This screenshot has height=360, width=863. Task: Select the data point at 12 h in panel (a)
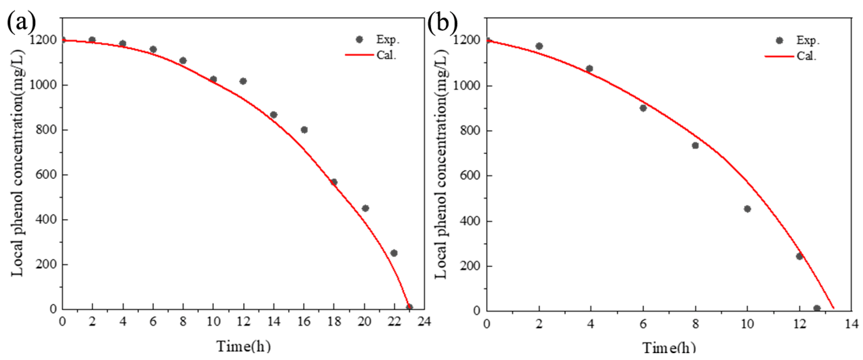tap(243, 81)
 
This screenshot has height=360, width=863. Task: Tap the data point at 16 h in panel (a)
tap(304, 130)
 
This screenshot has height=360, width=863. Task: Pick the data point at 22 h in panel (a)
tap(394, 253)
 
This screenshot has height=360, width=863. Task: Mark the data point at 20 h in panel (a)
tap(365, 208)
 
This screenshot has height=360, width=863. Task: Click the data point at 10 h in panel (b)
tap(747, 209)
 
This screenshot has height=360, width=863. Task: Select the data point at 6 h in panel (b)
tap(643, 108)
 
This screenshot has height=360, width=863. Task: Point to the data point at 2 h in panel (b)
tap(539, 46)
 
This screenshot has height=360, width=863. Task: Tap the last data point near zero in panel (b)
tap(817, 308)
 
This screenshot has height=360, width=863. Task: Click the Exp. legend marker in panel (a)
tap(359, 40)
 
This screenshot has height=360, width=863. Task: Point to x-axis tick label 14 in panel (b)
tap(851, 324)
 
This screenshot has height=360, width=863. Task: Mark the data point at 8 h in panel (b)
tap(695, 145)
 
